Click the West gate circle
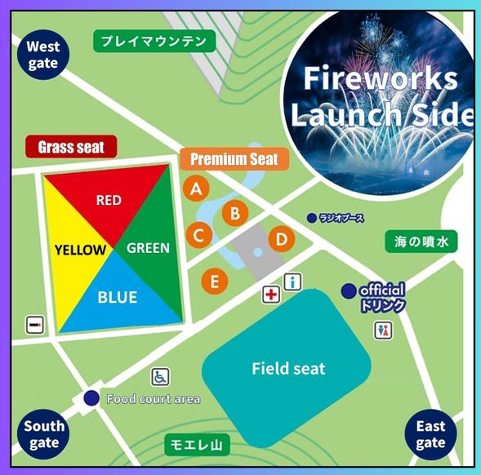coord(42,55)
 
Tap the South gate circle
coord(43,433)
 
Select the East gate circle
coord(430,433)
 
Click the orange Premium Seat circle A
coord(195,189)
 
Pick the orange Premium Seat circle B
coord(235,213)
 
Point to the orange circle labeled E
coord(215,282)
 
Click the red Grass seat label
coord(77,147)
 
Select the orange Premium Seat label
coord(234,159)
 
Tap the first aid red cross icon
coord(270,294)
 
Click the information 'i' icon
coord(292,282)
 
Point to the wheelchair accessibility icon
coord(160,376)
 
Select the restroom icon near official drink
coord(382,330)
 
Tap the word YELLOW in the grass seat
coord(80,250)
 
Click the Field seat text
coord(288,369)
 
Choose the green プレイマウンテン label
coord(154,40)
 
